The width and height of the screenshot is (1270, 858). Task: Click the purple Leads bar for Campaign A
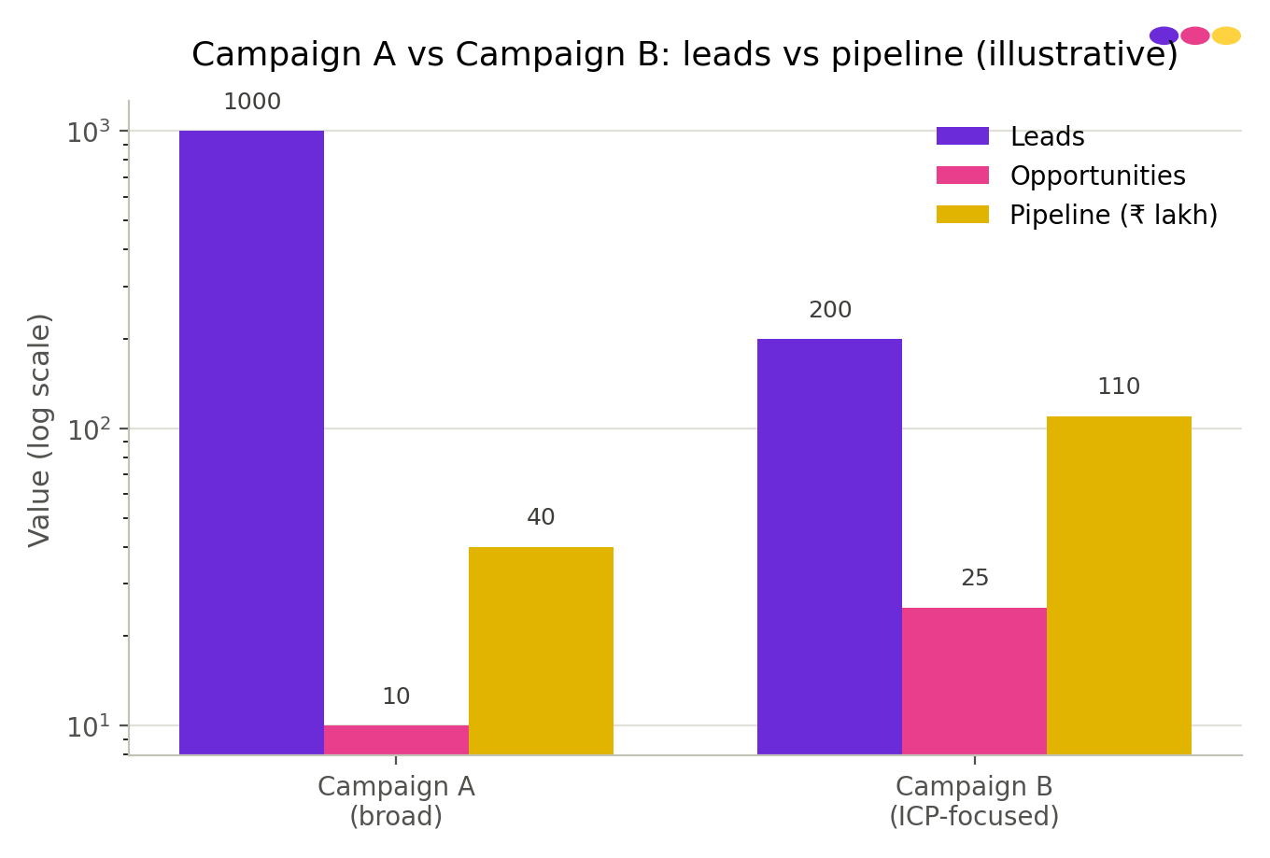tap(252, 443)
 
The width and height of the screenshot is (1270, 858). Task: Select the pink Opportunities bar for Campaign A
tap(396, 740)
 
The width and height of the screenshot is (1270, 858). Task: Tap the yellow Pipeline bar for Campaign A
tap(541, 651)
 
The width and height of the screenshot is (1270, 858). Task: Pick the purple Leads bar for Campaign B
tap(829, 547)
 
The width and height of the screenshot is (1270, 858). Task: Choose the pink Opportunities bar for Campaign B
tap(974, 682)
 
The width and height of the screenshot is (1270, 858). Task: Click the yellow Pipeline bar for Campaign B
tap(1119, 585)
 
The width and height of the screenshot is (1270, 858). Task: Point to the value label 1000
tap(252, 102)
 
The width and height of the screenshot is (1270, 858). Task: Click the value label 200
tap(830, 310)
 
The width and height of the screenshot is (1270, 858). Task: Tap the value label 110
tap(1119, 387)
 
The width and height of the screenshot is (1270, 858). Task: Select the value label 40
tap(541, 517)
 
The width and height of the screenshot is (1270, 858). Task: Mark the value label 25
tap(975, 578)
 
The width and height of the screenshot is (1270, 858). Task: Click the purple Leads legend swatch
tap(962, 136)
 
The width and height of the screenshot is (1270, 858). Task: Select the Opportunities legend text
tap(1097, 176)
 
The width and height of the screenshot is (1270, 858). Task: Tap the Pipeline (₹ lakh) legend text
tap(1113, 216)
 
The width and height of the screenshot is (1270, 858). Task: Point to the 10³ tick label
tap(89, 132)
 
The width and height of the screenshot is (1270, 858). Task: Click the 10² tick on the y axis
tap(123, 429)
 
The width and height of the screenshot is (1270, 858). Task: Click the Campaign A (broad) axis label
tap(396, 801)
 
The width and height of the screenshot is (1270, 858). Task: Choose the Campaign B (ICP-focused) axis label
tap(974, 801)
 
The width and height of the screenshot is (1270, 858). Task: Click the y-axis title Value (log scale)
tap(39, 430)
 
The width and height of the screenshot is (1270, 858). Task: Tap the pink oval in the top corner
tap(1195, 35)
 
